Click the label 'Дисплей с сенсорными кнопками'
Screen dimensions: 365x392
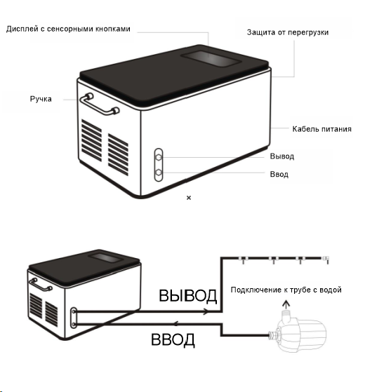coord(68,29)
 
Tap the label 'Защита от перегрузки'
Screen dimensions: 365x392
coord(288,32)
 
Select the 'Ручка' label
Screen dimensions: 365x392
coord(41,99)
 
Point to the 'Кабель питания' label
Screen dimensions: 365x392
coord(321,129)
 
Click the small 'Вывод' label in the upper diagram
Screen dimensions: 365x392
coord(282,156)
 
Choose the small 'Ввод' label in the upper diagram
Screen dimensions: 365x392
coord(279,174)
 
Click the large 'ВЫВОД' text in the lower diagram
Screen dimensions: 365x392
coord(187,295)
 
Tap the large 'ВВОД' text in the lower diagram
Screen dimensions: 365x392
coord(173,339)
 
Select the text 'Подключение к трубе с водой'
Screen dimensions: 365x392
coord(286,290)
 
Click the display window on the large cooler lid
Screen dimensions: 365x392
coord(211,59)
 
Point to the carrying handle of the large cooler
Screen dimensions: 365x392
coord(100,104)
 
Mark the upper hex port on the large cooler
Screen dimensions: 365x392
coord(159,157)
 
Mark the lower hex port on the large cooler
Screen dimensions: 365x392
coord(159,173)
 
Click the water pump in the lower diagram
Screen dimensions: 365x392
coord(298,331)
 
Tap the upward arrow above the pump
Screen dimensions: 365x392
coord(286,304)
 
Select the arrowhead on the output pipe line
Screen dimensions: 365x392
coord(206,311)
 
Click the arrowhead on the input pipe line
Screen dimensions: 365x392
coord(176,324)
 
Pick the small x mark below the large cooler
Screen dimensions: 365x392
coord(189,198)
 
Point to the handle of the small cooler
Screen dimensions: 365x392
coord(41,284)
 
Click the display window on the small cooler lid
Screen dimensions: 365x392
coord(106,257)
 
